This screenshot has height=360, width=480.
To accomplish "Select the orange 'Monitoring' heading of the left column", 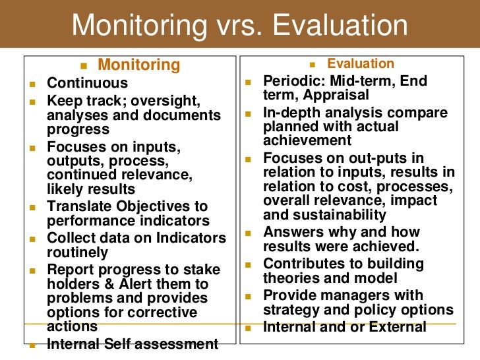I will click(138, 65).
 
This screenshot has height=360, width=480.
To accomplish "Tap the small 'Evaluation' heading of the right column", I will click(361, 64).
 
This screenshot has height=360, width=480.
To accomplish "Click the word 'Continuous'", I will click(88, 84).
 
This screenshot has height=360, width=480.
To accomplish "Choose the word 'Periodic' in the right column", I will click(293, 81).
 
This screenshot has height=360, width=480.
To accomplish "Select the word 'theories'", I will click(291, 278).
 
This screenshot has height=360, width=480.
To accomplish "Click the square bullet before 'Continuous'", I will click(31, 84).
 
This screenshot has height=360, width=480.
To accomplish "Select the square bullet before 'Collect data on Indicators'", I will click(31, 239).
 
